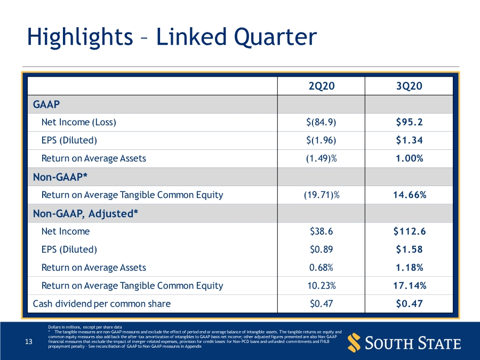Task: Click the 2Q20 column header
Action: coord(321,86)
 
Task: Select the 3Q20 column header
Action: coord(409,86)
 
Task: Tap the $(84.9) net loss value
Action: coord(321,122)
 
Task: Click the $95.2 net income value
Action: coord(409,122)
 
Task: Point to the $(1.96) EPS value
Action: coord(321,140)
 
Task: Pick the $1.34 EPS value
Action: coord(409,140)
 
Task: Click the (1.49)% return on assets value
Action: coord(321,158)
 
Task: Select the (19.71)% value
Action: coord(321,195)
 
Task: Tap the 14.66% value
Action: coord(409,195)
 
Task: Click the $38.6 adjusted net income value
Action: coord(321,231)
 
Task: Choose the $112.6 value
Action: coord(409,231)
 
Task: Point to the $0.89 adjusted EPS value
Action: coord(321,250)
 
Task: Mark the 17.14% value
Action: coord(409,286)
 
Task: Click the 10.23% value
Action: coord(321,286)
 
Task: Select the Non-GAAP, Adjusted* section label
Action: coord(85,213)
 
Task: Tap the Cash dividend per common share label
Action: coord(102,304)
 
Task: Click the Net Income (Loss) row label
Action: coord(78,122)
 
